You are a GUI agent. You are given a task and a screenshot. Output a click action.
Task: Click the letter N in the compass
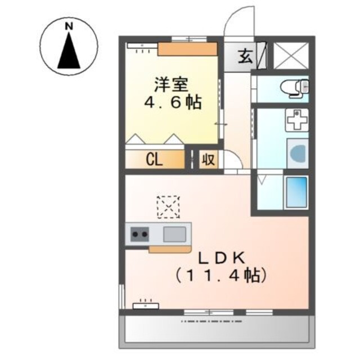[x=69, y=26]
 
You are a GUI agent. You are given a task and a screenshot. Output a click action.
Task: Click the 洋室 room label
[x=172, y=86]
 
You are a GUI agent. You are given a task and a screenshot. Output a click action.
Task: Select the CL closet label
[x=155, y=160]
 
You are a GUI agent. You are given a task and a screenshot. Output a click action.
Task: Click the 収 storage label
[x=208, y=160]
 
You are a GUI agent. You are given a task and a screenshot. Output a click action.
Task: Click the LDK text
[x=220, y=258]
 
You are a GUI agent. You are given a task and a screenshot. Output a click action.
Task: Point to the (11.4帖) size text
[x=219, y=276]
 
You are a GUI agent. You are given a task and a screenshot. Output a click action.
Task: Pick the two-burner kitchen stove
[x=140, y=233]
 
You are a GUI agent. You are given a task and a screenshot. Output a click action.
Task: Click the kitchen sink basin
[x=175, y=233]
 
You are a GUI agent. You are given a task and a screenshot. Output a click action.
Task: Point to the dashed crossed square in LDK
[x=168, y=206]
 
